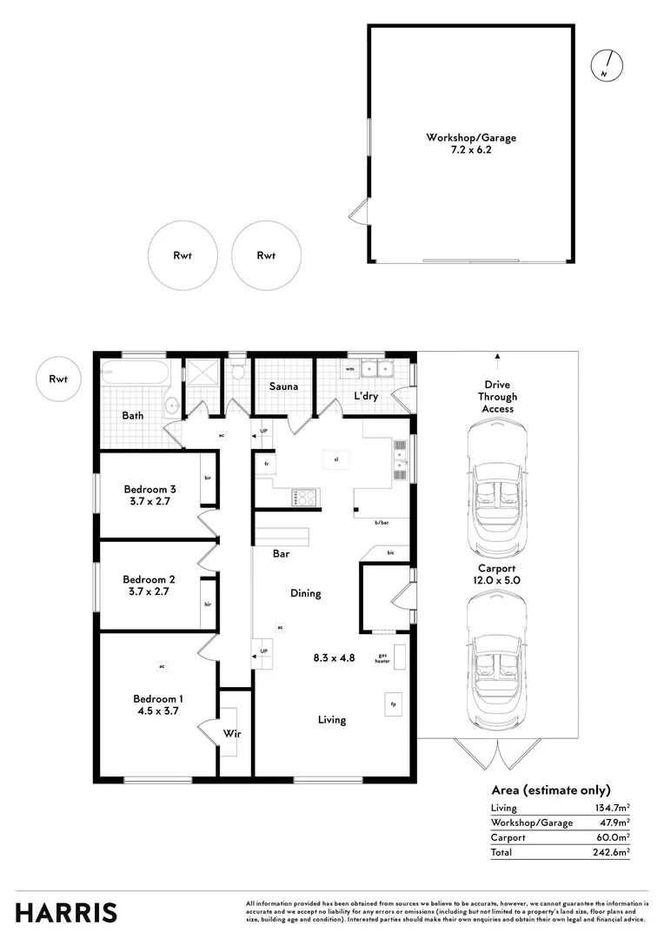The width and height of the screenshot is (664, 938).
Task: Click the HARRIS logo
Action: click(66, 913)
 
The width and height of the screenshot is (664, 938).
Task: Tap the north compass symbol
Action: click(606, 65)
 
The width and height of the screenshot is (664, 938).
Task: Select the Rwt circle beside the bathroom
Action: click(59, 379)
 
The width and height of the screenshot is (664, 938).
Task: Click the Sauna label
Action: click(283, 386)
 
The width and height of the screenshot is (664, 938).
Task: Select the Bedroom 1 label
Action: click(157, 698)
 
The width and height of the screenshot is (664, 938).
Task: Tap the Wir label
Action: click(232, 734)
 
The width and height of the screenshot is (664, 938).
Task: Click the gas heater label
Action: click(382, 658)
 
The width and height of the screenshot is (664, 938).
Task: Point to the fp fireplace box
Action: click(394, 703)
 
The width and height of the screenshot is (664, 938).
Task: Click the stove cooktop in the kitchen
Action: click(304, 497)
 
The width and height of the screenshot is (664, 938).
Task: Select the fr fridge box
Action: click(263, 464)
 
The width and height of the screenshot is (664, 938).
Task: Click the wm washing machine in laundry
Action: click(349, 369)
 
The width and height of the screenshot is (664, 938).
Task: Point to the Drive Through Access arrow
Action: click(498, 355)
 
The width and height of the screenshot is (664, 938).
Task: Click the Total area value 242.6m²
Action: click(614, 852)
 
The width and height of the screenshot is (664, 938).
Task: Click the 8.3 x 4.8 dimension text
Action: click(334, 657)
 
